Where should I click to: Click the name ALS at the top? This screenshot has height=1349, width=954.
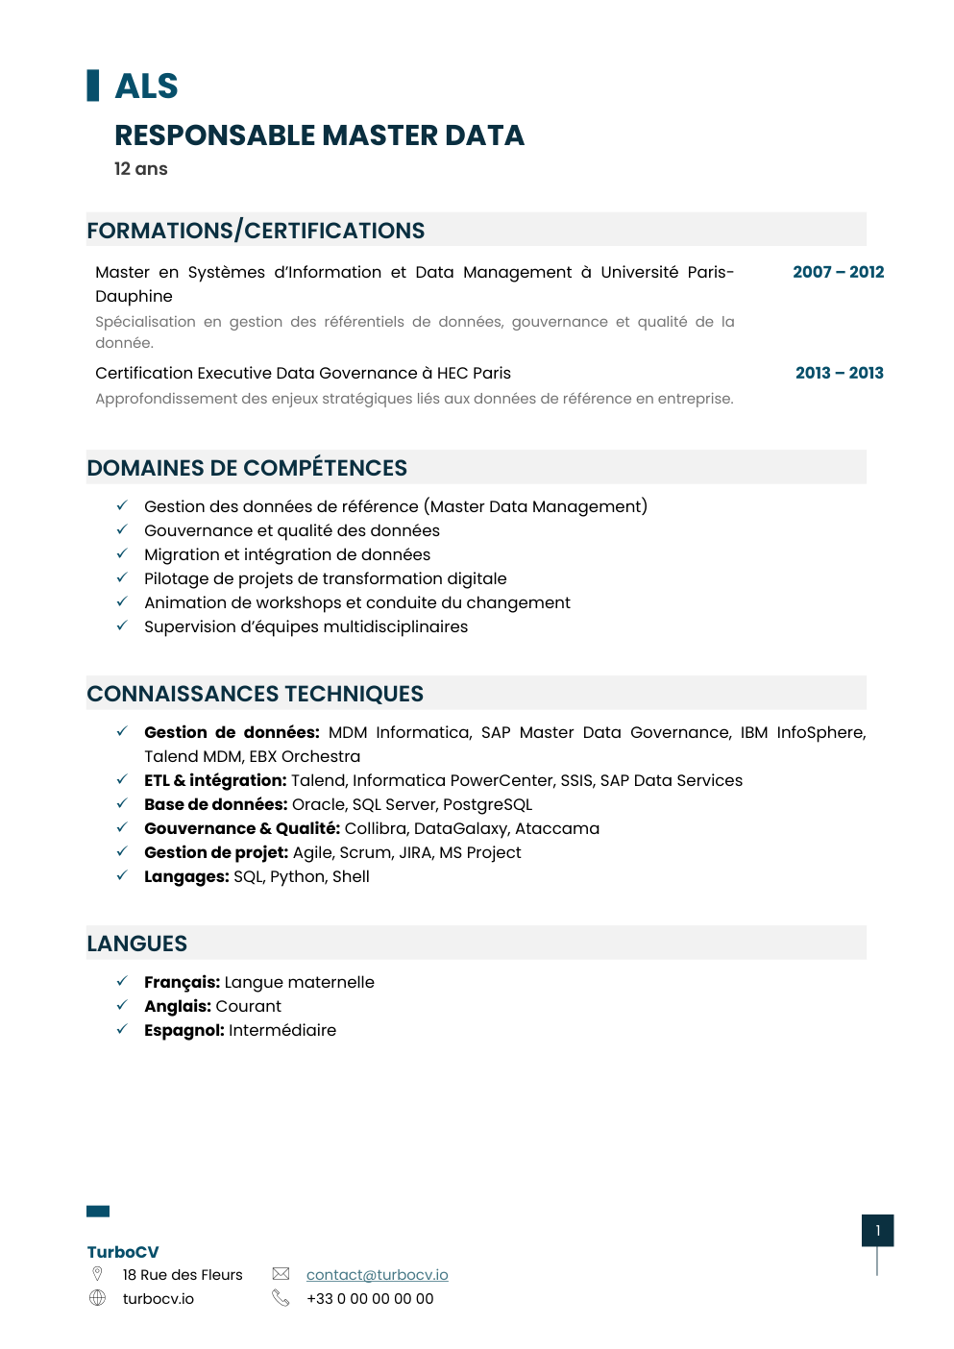pyautogui.click(x=146, y=86)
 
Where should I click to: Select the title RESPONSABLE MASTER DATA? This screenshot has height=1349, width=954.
pyautogui.click(x=319, y=135)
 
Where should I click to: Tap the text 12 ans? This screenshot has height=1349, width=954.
pyautogui.click(x=140, y=169)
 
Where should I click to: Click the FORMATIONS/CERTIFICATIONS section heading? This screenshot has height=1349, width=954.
pyautogui.click(x=256, y=231)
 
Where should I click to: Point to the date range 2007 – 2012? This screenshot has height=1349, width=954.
pyautogui.click(x=838, y=272)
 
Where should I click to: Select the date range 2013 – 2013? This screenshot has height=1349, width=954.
pyautogui.click(x=839, y=373)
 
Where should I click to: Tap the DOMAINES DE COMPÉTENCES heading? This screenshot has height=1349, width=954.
pyautogui.click(x=247, y=468)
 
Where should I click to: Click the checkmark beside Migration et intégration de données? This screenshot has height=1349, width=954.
pyautogui.click(x=122, y=553)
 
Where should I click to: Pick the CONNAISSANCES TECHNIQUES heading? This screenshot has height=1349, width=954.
pyautogui.click(x=255, y=694)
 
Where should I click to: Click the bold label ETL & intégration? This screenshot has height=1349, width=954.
pyautogui.click(x=215, y=780)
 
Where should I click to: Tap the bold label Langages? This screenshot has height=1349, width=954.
pyautogui.click(x=186, y=876)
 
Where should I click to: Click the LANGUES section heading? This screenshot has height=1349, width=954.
pyautogui.click(x=136, y=944)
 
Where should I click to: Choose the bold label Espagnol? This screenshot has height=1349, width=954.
pyautogui.click(x=183, y=1030)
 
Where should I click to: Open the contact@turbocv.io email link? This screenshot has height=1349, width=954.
pyautogui.click(x=377, y=1274)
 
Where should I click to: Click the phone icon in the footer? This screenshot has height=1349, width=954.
pyautogui.click(x=281, y=1298)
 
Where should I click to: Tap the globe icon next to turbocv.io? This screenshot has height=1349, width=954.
pyautogui.click(x=97, y=1298)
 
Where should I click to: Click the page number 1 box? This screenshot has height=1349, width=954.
pyautogui.click(x=877, y=1230)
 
